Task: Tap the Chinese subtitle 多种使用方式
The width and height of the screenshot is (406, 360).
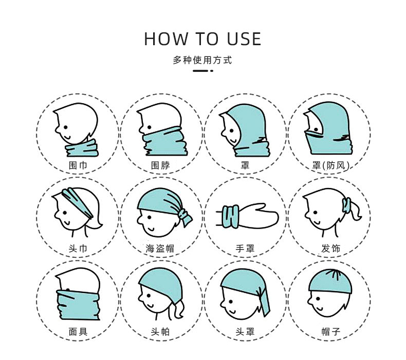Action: tap(202, 61)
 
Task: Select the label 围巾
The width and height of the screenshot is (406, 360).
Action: tap(78, 165)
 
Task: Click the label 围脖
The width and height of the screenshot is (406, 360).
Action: tap(160, 165)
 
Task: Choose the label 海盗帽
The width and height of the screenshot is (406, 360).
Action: tap(160, 249)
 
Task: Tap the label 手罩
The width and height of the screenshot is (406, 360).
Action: tap(245, 249)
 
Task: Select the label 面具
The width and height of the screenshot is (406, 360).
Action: tap(78, 332)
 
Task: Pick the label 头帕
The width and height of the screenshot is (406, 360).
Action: tap(160, 332)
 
